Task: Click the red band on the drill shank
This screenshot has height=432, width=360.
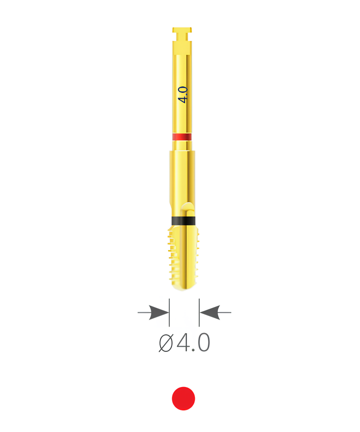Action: point(182,137)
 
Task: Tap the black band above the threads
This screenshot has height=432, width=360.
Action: point(183,220)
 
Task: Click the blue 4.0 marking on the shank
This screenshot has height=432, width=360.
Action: point(183,95)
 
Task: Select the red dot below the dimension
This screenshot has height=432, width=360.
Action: point(183,398)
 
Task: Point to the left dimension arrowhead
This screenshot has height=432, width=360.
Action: point(159,312)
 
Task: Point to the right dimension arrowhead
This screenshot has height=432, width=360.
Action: point(210,312)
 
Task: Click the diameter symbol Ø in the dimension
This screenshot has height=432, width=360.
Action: point(166,343)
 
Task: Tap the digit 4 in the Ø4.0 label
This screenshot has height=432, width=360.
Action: point(183,343)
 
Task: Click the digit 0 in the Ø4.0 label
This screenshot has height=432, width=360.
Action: point(204,343)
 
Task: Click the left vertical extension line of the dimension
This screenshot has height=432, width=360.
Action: point(169,312)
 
